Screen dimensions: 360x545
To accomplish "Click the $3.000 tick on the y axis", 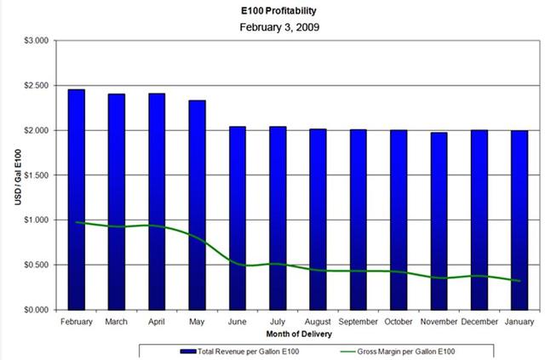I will tap(35, 41).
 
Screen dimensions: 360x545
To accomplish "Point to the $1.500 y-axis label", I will tap(35, 175).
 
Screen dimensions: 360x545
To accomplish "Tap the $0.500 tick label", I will tap(35, 265).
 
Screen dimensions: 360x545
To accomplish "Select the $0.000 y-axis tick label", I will tap(35, 310).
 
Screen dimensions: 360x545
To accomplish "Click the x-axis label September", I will tap(359, 323).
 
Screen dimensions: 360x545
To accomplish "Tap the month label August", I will tap(318, 323).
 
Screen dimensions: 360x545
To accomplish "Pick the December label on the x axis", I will tap(479, 323).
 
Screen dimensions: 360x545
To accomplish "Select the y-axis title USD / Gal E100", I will tap(10, 174).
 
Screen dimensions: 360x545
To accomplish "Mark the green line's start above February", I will tap(77, 221).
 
